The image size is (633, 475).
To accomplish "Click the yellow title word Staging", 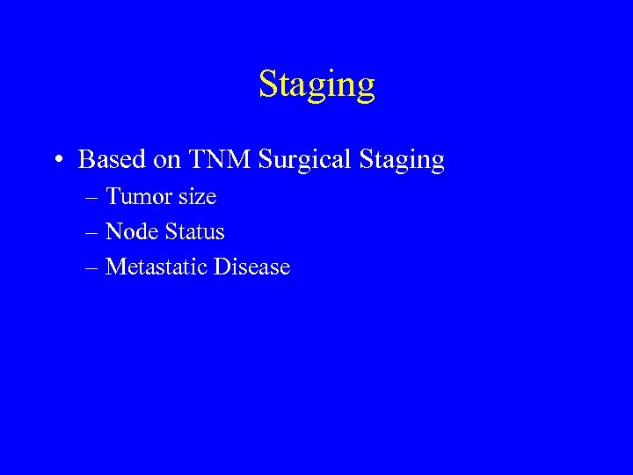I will pyautogui.click(x=316, y=85).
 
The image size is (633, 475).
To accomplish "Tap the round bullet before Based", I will pyautogui.click(x=58, y=161).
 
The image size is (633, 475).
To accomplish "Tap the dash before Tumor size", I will pyautogui.click(x=92, y=198).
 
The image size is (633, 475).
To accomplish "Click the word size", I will pyautogui.click(x=196, y=197).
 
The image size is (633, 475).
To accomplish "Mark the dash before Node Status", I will pyautogui.click(x=92, y=233).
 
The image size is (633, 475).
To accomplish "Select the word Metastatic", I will pyautogui.click(x=156, y=267).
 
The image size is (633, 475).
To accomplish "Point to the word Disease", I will pyautogui.click(x=251, y=267).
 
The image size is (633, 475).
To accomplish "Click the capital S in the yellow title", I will pyautogui.click(x=266, y=84).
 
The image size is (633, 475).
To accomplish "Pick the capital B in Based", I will pyautogui.click(x=86, y=160).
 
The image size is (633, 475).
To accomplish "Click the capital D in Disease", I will pyautogui.click(x=221, y=267).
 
